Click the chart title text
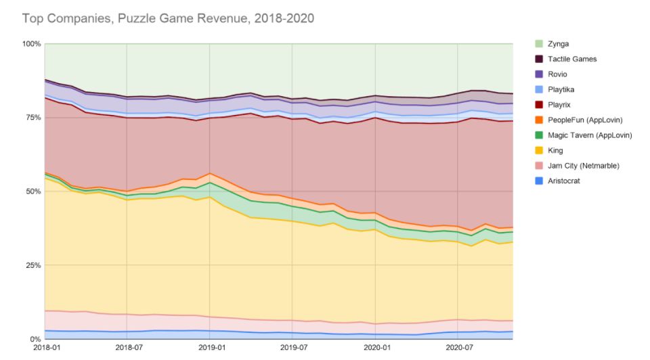point(168,18)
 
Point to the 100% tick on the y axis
point(32,44)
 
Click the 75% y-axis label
point(33,118)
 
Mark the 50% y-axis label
point(33,192)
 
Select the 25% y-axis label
point(33,265)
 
